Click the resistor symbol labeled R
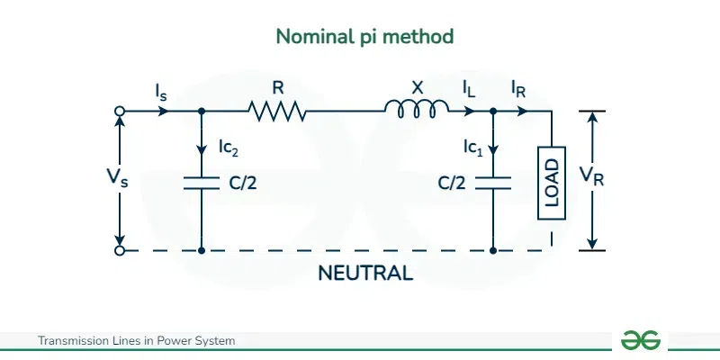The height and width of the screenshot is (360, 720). tap(278, 112)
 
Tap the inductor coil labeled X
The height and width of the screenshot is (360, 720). tap(417, 109)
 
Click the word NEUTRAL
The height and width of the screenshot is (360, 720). tap(365, 273)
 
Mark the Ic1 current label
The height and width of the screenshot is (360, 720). tap(465, 145)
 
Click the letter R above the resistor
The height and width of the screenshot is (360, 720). tap(277, 88)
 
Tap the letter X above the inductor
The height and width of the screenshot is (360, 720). tap(417, 87)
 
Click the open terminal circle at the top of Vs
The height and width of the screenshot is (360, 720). tap(120, 112)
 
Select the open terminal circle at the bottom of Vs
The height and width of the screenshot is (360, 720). tap(120, 250)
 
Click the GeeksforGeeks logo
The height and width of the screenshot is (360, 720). tap(641, 340)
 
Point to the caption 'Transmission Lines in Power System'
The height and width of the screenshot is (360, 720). tap(136, 341)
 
